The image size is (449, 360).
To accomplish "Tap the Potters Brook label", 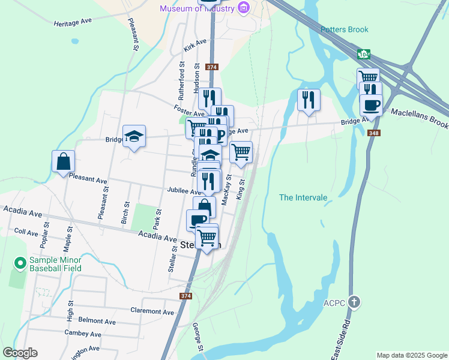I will [344, 29].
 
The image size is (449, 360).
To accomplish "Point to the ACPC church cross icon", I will [355, 301].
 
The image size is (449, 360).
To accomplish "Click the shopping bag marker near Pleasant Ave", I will [63, 161].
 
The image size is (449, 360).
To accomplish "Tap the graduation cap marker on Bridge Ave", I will [134, 136].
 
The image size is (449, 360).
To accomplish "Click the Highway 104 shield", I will [363, 54].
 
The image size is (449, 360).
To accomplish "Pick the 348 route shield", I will [375, 133].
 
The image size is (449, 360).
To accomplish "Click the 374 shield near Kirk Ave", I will [211, 67].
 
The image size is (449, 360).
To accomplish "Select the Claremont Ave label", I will [152, 311].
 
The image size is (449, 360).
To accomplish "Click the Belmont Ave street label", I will [97, 321].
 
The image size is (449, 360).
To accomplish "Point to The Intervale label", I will [303, 197].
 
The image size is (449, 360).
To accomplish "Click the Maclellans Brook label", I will [420, 118].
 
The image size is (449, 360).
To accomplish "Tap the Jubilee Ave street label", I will [184, 190].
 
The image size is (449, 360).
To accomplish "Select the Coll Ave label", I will [26, 232].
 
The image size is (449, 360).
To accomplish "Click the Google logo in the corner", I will [20, 353].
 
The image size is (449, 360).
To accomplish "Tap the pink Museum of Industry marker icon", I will [243, 8].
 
